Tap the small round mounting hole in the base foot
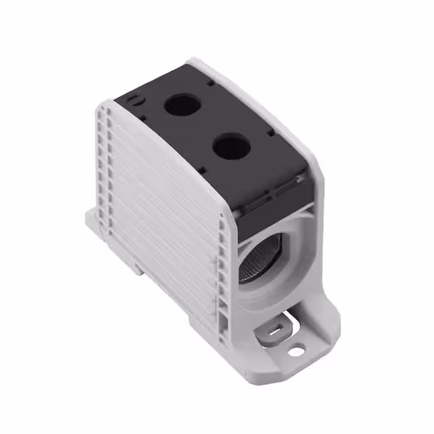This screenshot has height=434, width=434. point(296,351)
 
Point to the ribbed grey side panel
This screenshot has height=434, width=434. point(163,203)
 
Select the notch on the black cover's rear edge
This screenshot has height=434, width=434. point(210,83)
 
